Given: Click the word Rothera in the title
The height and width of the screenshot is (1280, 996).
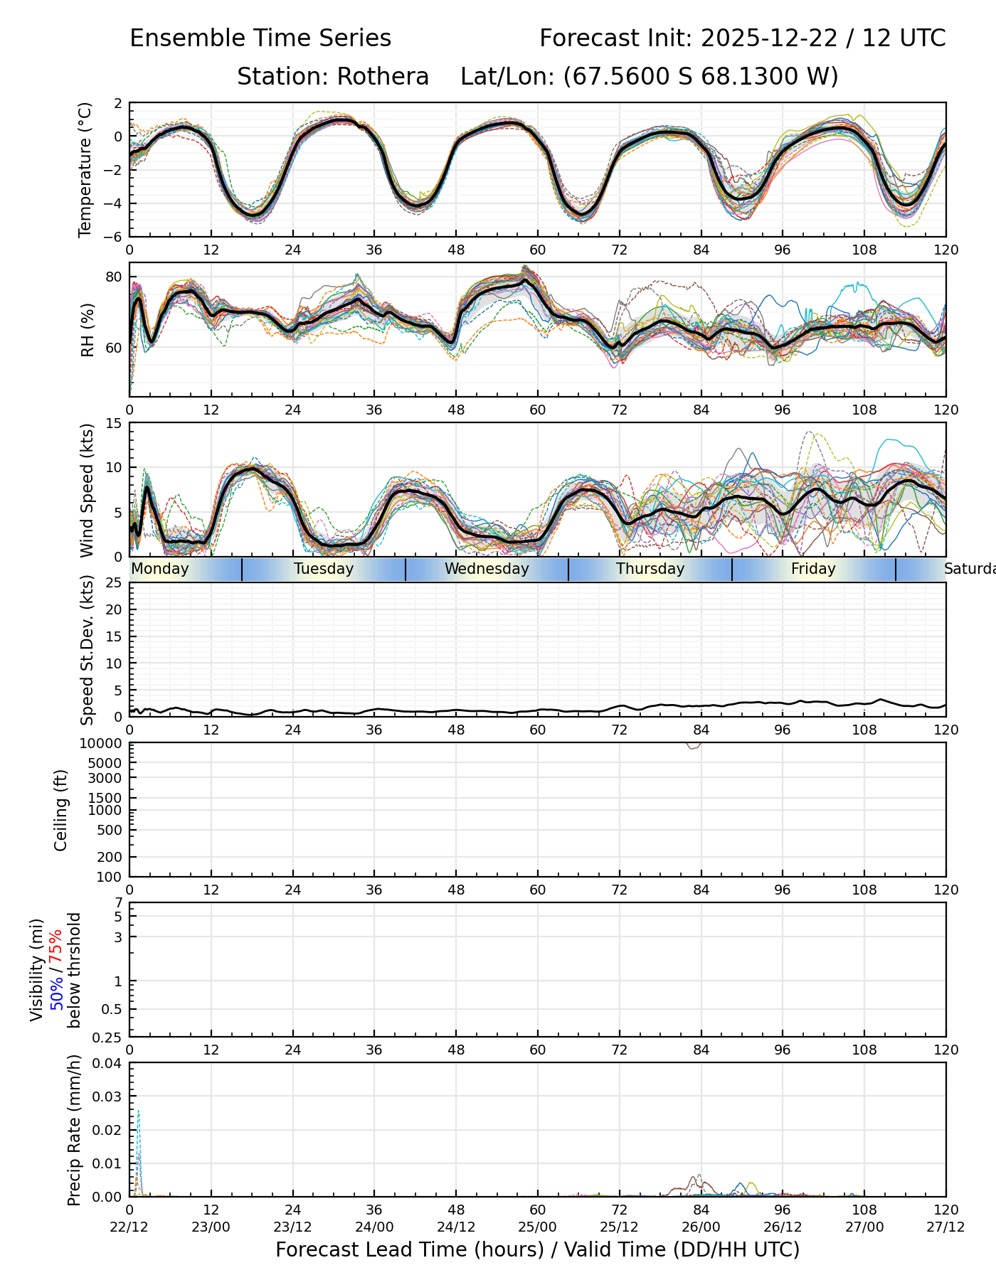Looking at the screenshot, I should pos(383,77).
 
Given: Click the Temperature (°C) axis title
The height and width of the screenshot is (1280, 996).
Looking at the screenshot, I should pos(85,169).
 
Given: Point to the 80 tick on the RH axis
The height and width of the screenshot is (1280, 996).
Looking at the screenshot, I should pos(114,277).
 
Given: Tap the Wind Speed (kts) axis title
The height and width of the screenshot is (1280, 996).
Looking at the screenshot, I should pos(87,490).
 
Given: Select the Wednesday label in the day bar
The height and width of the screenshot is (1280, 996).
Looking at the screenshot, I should pos(487,569).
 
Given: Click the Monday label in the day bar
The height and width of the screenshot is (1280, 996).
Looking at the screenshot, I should pos(160,569).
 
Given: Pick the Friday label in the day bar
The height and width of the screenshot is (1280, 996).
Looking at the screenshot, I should pos(813,569).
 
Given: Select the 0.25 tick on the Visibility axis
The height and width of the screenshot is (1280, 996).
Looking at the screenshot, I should pos(109,1038).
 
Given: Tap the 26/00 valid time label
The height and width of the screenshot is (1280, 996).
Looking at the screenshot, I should pos(701,1227).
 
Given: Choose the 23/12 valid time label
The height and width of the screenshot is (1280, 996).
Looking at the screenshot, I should pos(292,1227).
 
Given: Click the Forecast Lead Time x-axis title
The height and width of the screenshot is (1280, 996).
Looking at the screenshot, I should pos(537,1250).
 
